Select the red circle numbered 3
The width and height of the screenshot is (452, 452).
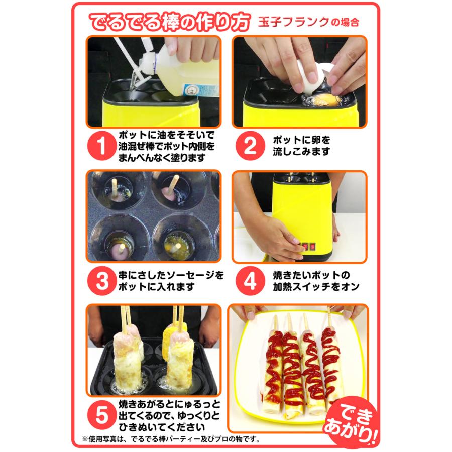coord(102,282)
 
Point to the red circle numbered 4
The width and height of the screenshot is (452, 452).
coord(250,282)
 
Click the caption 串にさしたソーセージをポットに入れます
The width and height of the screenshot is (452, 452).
coord(170,282)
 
